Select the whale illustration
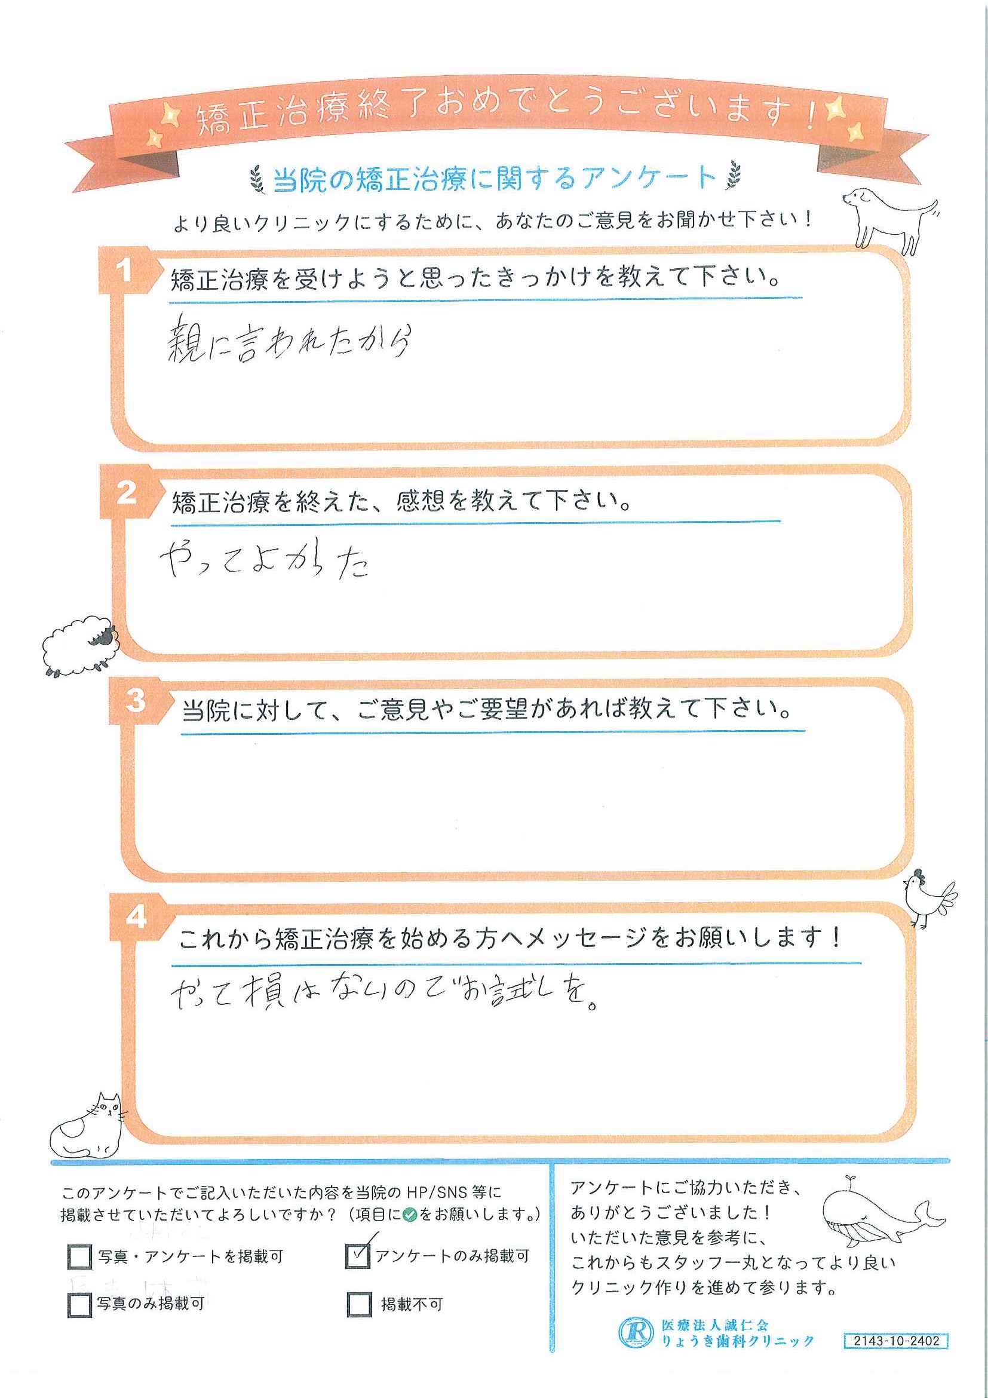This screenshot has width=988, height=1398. tap(882, 1218)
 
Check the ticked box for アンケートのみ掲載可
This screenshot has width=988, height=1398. tap(357, 1255)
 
